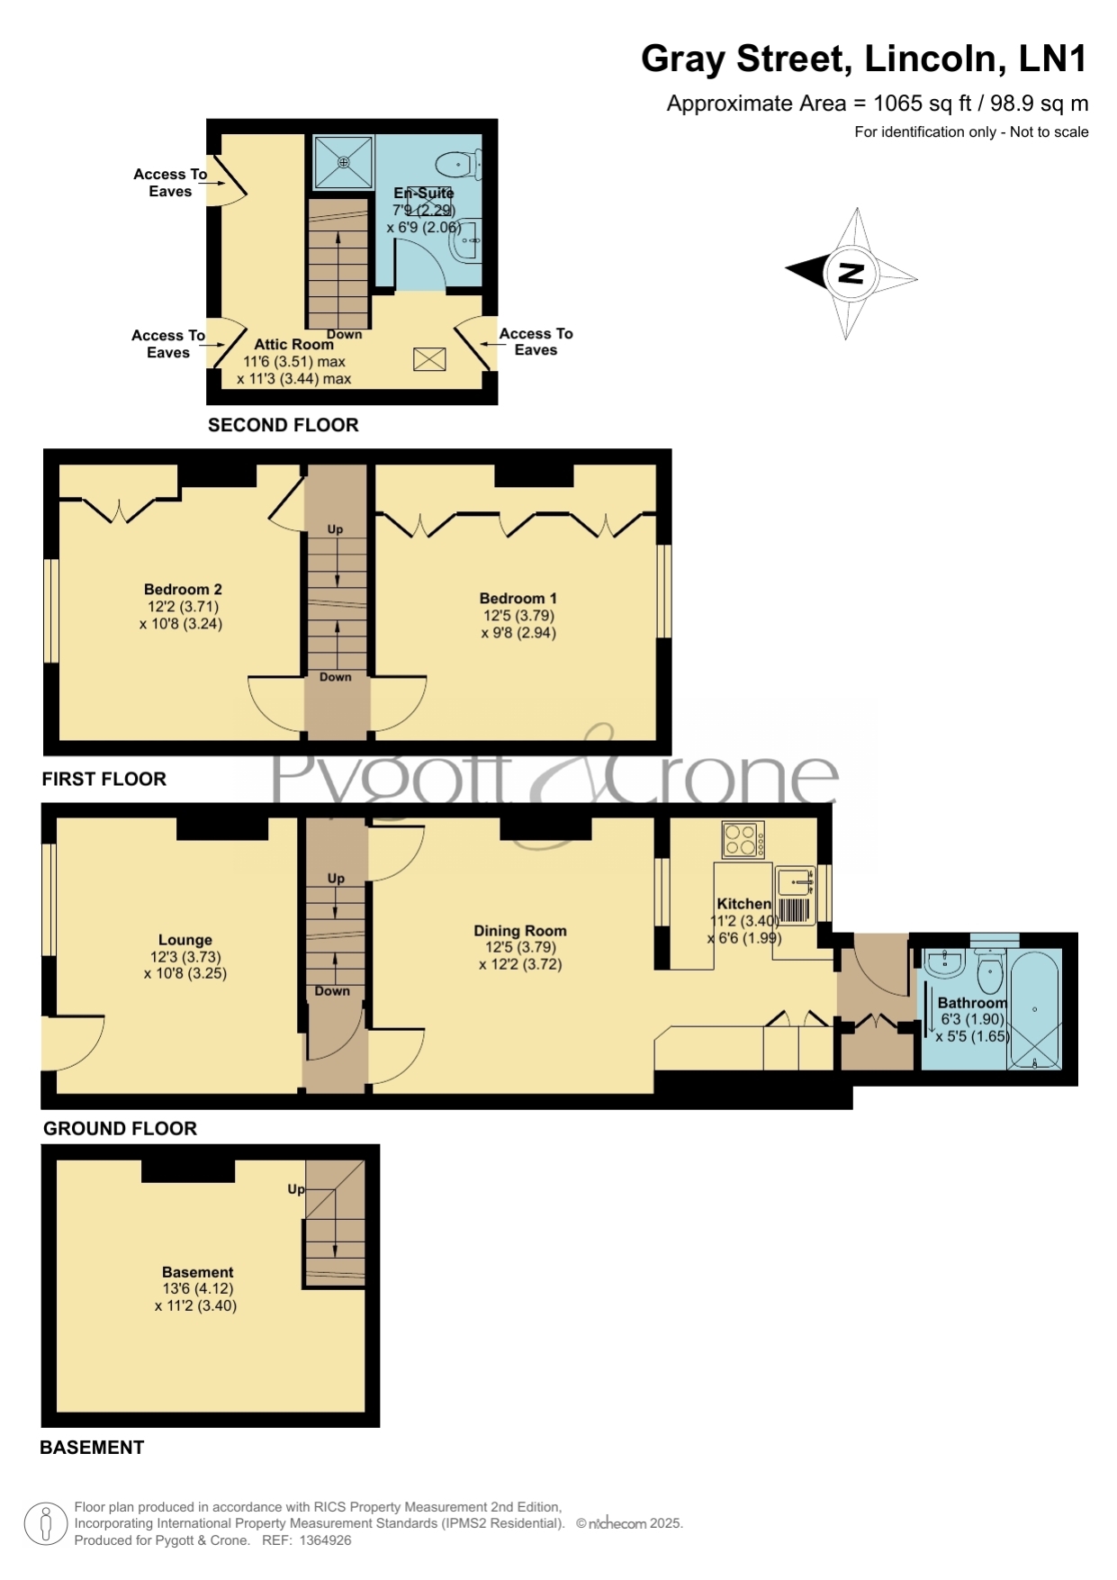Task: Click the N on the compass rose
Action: click(x=851, y=273)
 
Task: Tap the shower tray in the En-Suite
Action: click(x=343, y=162)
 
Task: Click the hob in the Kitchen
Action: click(x=743, y=839)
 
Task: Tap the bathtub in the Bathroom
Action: click(x=1035, y=1009)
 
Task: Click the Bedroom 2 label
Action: click(x=183, y=589)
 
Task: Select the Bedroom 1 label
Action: click(x=518, y=598)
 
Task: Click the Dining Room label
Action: click(x=520, y=931)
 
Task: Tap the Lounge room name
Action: click(x=185, y=940)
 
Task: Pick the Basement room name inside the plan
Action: click(x=197, y=1272)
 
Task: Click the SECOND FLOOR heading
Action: click(x=284, y=425)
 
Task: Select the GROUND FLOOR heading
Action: click(x=120, y=1129)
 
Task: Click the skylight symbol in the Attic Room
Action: click(x=429, y=359)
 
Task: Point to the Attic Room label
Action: click(x=293, y=344)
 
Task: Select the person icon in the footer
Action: click(x=45, y=1524)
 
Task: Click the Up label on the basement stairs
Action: click(x=296, y=1189)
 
